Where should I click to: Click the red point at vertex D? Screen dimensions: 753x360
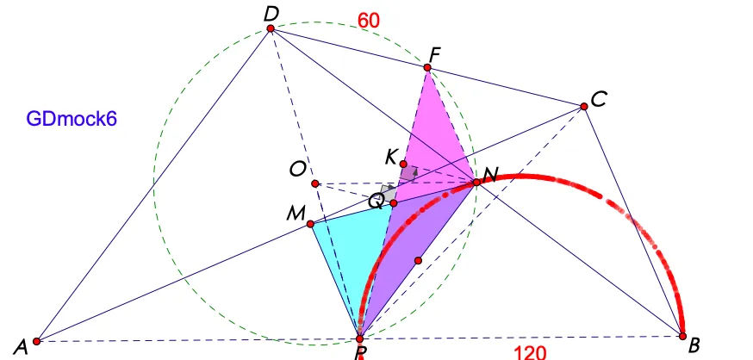271,28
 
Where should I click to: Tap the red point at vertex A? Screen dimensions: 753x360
36,341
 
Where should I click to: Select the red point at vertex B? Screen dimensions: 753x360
682,336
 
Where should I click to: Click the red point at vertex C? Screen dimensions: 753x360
584,106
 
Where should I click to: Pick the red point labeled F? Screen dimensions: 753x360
427,68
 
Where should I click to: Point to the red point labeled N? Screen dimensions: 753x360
476,183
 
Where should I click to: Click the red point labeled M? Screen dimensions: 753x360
310,224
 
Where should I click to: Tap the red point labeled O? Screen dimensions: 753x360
315,183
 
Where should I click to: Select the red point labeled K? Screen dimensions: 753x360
403,164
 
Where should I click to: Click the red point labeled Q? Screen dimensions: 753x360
394,203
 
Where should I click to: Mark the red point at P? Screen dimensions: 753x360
359,338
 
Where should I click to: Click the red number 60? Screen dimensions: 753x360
369,21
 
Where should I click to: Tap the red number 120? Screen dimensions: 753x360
530,353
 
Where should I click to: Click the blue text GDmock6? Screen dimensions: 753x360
72,119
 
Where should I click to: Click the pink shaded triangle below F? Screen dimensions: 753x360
434,140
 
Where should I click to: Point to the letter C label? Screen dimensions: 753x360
599,100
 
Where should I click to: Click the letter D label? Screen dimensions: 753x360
271,14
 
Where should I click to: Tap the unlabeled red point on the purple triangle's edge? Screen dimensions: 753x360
418,261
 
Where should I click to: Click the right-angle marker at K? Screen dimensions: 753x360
408,173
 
